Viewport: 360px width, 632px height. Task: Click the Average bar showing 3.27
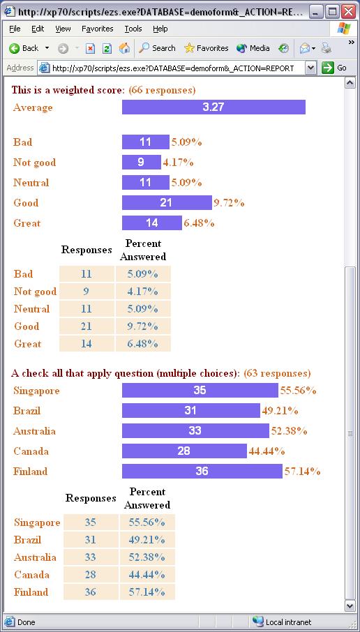point(213,107)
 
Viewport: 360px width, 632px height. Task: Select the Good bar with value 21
point(167,203)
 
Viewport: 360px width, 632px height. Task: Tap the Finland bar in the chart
point(202,471)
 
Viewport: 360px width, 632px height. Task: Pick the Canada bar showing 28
point(184,451)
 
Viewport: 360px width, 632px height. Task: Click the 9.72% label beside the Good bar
point(229,203)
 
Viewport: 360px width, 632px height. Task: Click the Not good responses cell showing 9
point(87,292)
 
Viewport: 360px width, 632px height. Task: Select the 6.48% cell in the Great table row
point(143,344)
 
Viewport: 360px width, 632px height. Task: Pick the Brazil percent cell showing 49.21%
point(147,540)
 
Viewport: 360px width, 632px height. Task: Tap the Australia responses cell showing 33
point(91,557)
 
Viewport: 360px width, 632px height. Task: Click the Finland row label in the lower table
point(31,592)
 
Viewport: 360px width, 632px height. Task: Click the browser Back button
point(24,48)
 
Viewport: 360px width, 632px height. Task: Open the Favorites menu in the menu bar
point(97,29)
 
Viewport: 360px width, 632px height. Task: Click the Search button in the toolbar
point(157,48)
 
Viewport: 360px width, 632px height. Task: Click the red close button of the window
point(348,11)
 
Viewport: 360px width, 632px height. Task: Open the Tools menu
point(133,29)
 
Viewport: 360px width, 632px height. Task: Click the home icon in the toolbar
point(124,48)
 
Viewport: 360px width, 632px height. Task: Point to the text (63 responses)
point(278,373)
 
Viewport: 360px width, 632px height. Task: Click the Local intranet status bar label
point(288,622)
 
